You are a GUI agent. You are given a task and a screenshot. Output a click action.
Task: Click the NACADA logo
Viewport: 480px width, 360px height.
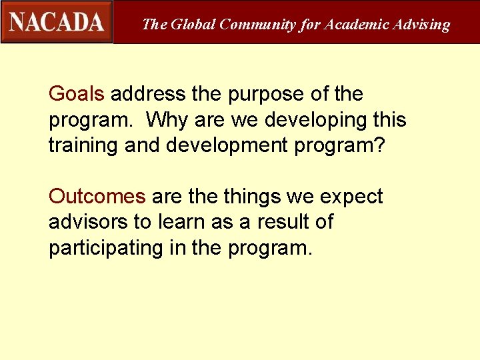57,22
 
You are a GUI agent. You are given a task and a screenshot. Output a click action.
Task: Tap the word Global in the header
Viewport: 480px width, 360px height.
193,25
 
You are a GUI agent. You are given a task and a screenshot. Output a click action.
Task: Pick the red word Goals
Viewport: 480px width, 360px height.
77,94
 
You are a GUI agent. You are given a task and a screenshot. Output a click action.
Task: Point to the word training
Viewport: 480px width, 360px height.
84,145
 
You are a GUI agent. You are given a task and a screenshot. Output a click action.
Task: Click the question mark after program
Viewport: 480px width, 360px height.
379,145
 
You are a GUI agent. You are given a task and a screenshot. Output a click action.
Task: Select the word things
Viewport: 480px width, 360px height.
251,197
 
